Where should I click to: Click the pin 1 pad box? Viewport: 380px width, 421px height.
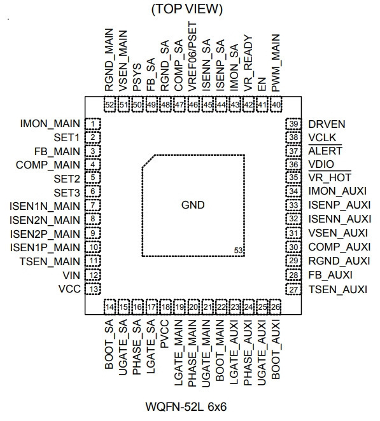93,124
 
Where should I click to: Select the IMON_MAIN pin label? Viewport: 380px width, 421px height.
50,124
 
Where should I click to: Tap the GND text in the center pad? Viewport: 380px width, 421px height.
193,205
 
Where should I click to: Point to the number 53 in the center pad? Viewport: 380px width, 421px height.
238,251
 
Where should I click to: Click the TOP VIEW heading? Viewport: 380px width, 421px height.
187,9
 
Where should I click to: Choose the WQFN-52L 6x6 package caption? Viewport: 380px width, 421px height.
186,406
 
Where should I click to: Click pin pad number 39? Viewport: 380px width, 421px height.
293,124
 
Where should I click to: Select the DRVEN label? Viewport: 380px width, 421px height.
327,124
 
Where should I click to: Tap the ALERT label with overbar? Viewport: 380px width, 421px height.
325,151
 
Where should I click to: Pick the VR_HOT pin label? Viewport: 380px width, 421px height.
330,177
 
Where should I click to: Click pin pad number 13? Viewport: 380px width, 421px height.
93,289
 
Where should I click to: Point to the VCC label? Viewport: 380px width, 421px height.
69,289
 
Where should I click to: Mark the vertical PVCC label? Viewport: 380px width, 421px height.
164,333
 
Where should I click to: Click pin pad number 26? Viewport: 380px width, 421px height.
276,307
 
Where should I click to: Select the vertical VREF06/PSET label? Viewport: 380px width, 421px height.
192,57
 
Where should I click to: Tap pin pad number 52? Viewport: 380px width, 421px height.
109,104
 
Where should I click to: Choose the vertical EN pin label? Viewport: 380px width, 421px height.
262,85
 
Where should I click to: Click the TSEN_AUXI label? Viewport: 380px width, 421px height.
338,289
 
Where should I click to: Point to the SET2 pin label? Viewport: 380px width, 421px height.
67,179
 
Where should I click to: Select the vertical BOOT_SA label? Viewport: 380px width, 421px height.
109,345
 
